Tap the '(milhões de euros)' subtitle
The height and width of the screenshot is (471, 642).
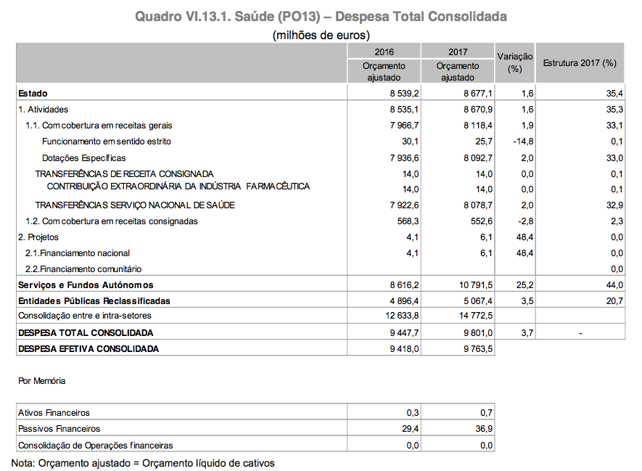coord(321,35)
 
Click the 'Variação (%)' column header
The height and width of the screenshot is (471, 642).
coord(515,62)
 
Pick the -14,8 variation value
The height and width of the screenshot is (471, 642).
coord(519,141)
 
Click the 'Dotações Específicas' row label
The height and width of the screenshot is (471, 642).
coord(84,157)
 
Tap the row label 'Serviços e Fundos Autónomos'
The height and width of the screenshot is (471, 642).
coord(86,285)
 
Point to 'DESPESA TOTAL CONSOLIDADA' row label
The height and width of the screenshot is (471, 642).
coord(86,333)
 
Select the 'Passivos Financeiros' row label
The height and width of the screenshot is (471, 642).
coord(59,429)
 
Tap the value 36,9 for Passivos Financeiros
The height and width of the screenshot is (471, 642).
coord(482,429)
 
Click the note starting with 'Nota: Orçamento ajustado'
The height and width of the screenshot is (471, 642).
coord(144,462)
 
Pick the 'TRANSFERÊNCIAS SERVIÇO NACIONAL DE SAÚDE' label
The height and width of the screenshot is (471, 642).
coord(135,205)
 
